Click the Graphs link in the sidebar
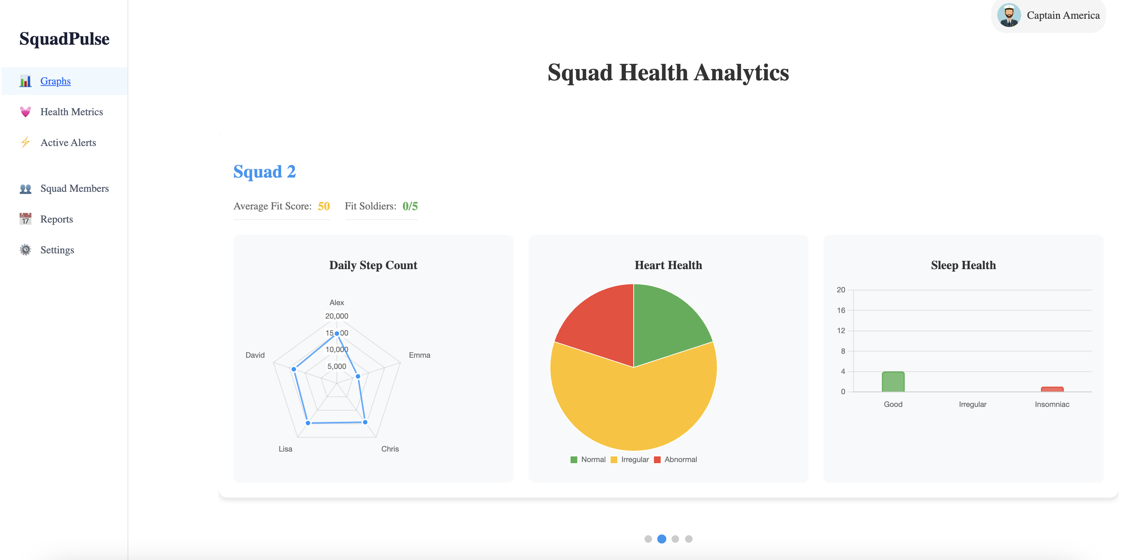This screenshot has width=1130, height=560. coord(55,81)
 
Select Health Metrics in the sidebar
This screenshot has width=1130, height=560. coord(72,112)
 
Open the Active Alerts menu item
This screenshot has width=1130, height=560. coord(68,143)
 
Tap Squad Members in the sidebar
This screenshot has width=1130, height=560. coord(74,188)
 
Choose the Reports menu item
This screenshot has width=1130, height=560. coord(57,219)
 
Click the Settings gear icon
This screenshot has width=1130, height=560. coord(26,250)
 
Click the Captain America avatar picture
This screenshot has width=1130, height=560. coord(1008,15)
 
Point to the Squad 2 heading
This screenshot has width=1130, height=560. coord(264,172)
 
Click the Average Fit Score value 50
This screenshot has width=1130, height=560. coord(324,206)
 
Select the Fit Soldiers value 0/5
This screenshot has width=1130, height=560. coord(410,206)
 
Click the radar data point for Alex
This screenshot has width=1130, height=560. coord(337,334)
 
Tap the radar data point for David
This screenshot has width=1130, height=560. coord(294,369)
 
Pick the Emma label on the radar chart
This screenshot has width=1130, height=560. coord(419,355)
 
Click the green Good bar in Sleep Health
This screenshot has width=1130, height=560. coord(893,382)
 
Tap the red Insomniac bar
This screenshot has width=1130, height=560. coord(1052,389)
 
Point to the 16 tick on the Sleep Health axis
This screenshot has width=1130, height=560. coord(840,310)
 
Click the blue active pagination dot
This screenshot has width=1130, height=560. coord(661,539)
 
